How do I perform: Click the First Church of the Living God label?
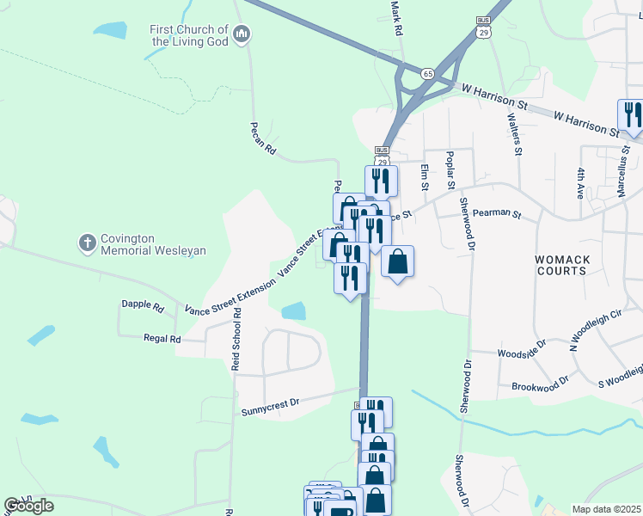pos(190,35)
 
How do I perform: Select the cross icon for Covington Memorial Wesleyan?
pos(87,244)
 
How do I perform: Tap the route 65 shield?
pos(428,74)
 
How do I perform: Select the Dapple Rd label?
pos(143,304)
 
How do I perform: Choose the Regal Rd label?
pos(162,339)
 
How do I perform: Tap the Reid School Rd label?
pos(236,341)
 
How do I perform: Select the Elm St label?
pos(425,175)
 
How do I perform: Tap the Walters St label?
pos(516,134)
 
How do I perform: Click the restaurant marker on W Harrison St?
pos(630,114)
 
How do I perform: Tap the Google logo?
pos(29,506)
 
